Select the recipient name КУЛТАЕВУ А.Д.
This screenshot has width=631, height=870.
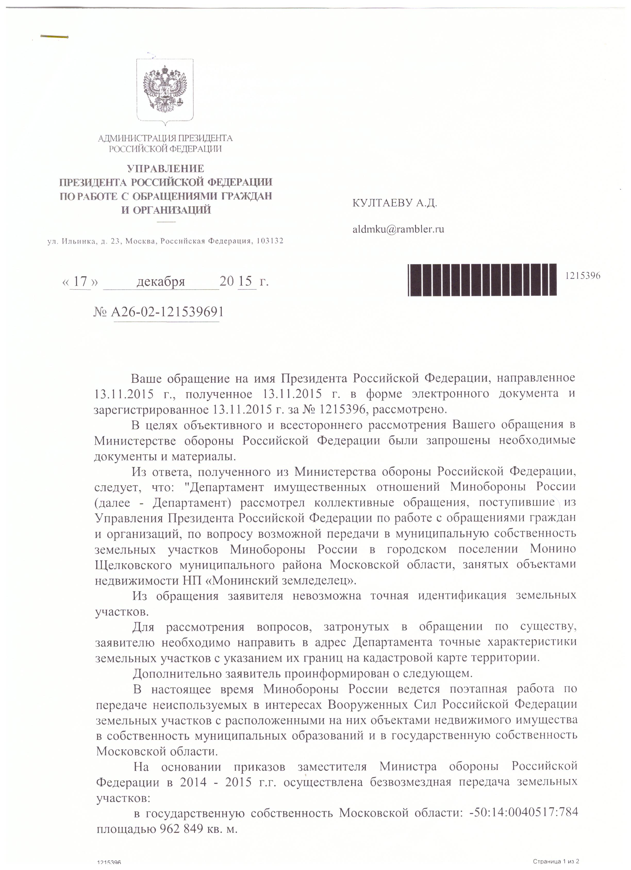(395, 203)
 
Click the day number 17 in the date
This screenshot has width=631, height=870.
(80, 281)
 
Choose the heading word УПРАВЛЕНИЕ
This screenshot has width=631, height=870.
(165, 168)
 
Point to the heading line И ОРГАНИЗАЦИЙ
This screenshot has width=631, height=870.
(166, 210)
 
